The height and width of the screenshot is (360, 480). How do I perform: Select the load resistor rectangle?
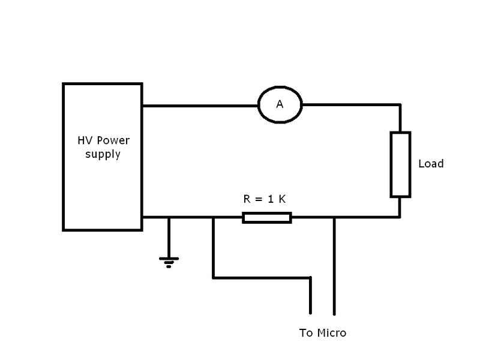click(400, 164)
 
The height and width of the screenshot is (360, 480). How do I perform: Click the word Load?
click(431, 164)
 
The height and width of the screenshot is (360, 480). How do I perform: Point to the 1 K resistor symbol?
click(267, 217)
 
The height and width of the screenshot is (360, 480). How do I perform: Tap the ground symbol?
click(169, 260)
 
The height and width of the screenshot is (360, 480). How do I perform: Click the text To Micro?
click(322, 333)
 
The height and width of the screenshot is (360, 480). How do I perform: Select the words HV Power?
click(102, 142)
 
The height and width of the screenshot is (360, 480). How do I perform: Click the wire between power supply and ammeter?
click(200, 106)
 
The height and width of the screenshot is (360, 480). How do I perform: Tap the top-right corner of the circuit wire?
click(400, 106)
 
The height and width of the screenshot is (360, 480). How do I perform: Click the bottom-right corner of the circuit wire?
click(400, 217)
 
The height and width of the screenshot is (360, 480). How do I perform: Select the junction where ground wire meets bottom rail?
click(169, 217)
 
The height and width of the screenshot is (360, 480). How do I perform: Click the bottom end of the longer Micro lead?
click(334, 313)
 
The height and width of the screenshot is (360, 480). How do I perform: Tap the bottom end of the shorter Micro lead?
click(310, 312)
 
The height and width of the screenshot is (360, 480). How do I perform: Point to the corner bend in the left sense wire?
click(214, 277)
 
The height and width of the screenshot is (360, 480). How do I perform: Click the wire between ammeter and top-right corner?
click(351, 106)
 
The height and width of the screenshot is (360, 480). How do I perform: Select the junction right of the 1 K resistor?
click(334, 217)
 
